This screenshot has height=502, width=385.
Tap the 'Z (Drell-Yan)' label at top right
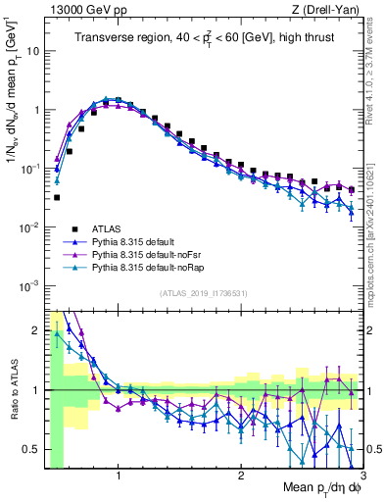click(326, 9)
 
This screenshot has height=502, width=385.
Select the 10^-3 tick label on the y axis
click(30, 285)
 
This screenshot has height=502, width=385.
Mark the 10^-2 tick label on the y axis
click(30, 226)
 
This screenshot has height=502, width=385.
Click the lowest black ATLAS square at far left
click(57, 197)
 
